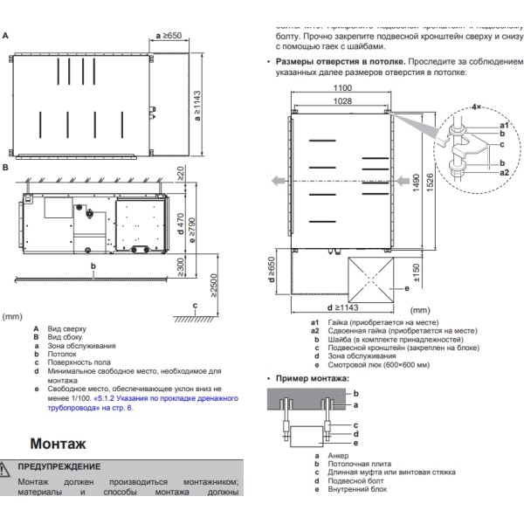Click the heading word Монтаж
point(63,444)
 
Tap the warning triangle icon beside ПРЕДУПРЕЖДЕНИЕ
point(8,467)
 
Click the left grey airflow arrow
point(275,181)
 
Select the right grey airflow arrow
point(402,181)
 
